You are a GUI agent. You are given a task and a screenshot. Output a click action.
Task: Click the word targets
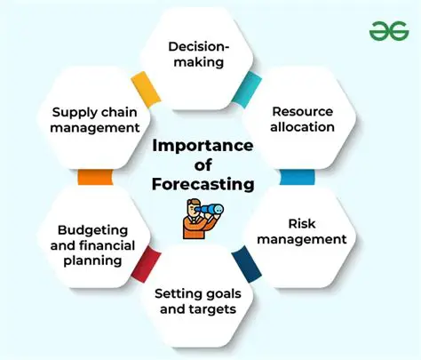pos(233,310)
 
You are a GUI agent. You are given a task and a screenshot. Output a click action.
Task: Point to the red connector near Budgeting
pos(145,263)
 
